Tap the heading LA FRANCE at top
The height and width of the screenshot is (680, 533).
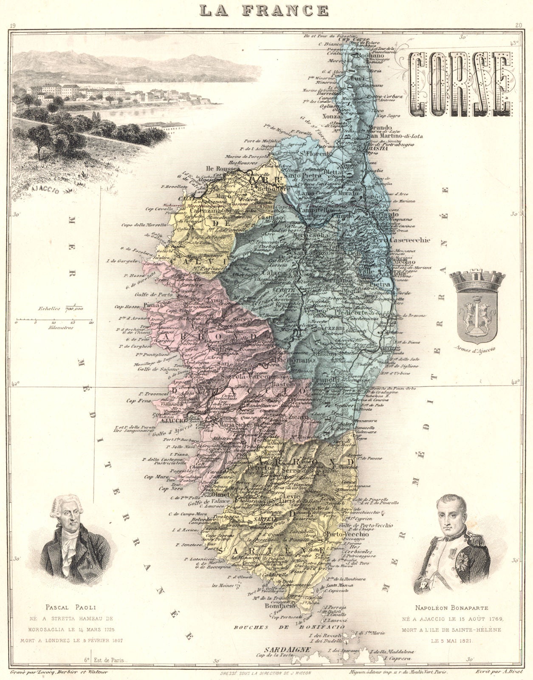click(264, 10)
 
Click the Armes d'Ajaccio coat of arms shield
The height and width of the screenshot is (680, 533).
click(477, 318)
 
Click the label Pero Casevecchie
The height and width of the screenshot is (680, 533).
click(401, 240)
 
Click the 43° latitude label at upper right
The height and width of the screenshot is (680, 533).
click(514, 42)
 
